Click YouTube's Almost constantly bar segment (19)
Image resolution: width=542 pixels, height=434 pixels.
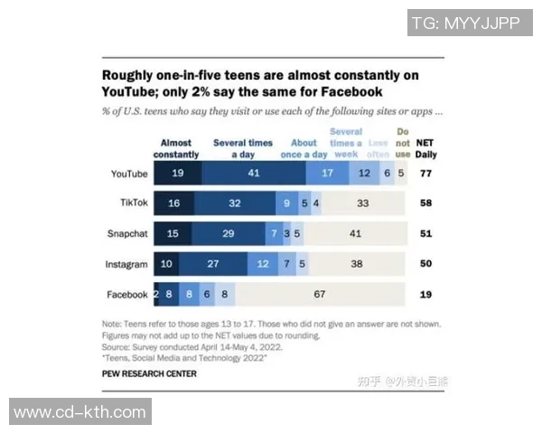tap(178, 173)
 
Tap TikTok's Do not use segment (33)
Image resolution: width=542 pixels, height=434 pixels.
tap(362, 203)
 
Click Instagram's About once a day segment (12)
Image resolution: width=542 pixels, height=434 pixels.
tap(263, 264)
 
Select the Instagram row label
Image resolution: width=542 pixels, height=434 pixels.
tap(126, 264)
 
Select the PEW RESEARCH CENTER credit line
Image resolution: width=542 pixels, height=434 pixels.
tap(150, 373)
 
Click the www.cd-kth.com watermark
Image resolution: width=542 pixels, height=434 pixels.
tap(79, 412)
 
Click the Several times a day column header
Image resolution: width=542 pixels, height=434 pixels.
tap(243, 148)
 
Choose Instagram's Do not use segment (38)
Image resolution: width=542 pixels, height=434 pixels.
tap(357, 264)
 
